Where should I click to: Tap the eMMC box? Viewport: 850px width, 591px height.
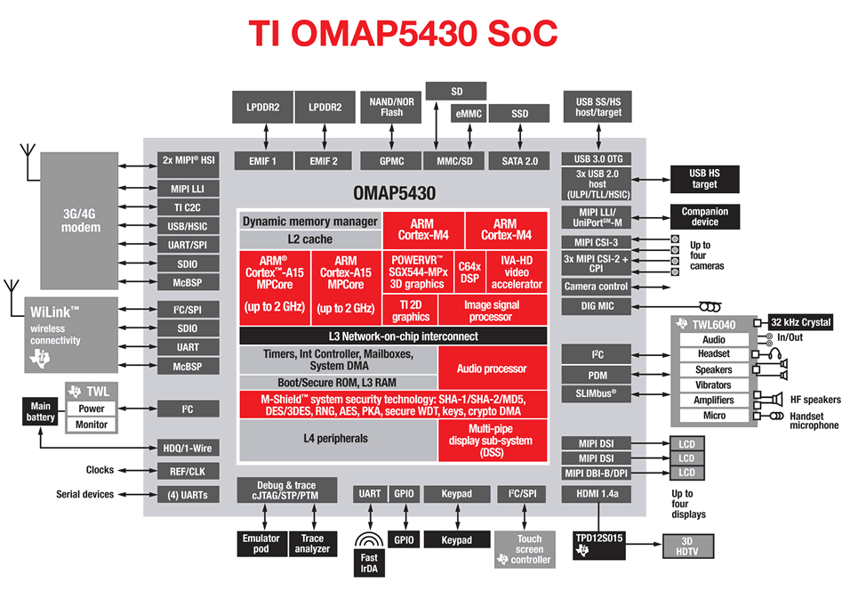point(469,114)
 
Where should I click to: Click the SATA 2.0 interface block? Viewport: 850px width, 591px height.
point(520,161)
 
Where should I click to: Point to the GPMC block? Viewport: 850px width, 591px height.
point(391,161)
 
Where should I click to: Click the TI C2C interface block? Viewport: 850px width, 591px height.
point(188,206)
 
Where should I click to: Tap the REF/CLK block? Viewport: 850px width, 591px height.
point(188,472)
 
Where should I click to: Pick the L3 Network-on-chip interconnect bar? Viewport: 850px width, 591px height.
point(392,336)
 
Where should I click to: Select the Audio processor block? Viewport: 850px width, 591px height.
point(492,368)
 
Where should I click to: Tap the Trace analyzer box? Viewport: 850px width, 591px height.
point(312,544)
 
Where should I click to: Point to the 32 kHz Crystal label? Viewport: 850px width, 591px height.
point(800,323)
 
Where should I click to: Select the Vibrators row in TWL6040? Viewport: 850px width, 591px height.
point(714,385)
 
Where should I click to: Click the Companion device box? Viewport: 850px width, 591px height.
point(705,216)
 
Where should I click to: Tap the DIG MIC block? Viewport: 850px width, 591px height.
point(596,306)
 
